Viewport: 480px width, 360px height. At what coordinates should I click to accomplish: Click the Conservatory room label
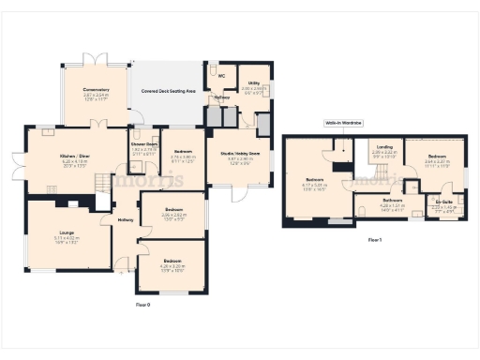(x=96, y=90)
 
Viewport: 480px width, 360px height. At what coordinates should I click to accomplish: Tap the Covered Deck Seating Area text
(x=169, y=91)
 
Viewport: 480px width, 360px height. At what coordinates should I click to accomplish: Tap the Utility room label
(x=254, y=82)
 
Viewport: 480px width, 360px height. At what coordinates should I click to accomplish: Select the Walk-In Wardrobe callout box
(x=344, y=123)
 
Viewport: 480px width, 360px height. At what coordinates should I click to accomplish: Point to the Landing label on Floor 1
(x=384, y=147)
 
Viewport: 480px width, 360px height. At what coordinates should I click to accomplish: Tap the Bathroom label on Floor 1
(x=392, y=200)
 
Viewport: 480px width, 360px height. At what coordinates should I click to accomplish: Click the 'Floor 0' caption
(x=142, y=305)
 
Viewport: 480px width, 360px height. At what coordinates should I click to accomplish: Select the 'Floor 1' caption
(x=375, y=240)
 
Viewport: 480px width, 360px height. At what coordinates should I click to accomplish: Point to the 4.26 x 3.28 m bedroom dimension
(x=172, y=265)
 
